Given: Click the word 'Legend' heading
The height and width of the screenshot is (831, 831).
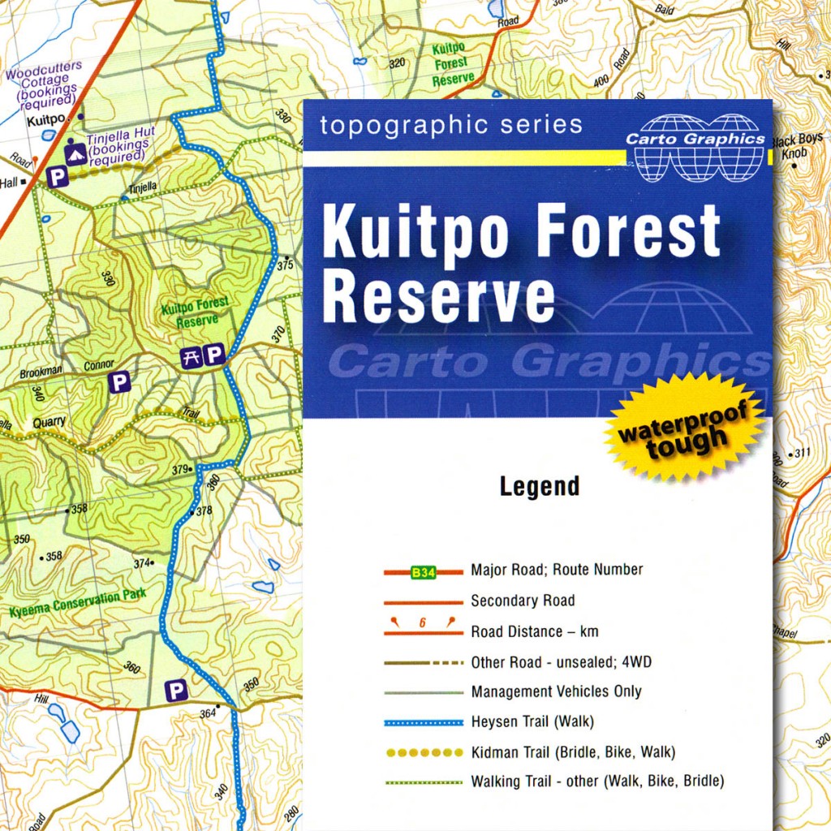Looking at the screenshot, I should pos(540,487).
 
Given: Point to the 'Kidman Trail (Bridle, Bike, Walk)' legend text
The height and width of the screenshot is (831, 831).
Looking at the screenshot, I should pos(573,752).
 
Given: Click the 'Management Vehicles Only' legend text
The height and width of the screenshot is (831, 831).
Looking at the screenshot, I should pos(556,691).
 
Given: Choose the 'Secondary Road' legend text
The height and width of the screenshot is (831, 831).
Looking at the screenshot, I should pos(523,601).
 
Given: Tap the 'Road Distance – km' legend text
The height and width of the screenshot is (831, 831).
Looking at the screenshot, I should pos(528,631).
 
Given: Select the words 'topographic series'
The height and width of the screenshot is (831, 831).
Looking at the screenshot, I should pos(450,125).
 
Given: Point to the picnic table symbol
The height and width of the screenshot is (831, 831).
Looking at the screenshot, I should pos(192,355).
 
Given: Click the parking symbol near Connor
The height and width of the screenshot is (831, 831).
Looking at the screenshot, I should pos(120,381).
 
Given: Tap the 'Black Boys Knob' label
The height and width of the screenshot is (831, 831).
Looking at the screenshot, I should pos(799,145).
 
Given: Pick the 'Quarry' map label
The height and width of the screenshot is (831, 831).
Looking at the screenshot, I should pos(49,423).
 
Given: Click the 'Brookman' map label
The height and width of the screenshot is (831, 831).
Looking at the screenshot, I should pos(41,372).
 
